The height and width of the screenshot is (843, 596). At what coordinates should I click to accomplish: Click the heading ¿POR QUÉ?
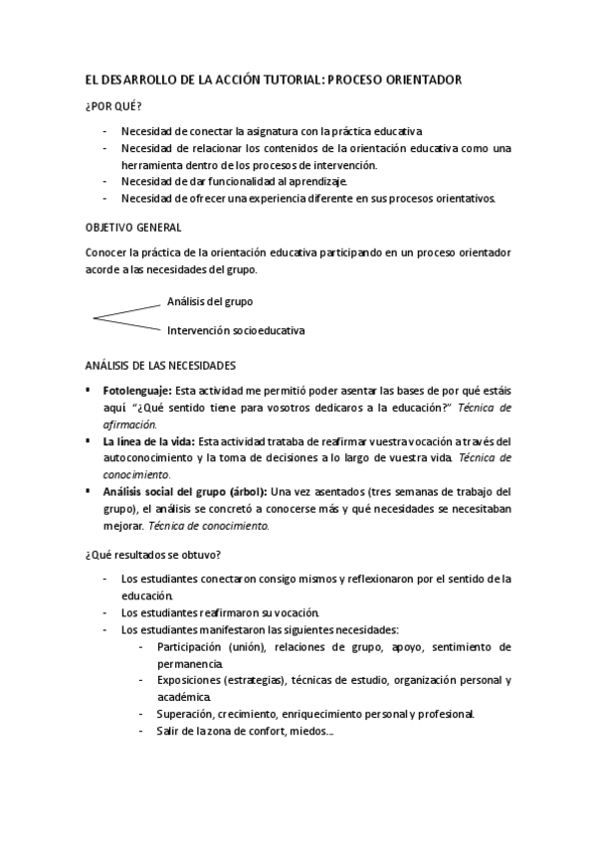113,104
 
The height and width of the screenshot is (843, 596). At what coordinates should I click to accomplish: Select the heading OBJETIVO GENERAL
133,228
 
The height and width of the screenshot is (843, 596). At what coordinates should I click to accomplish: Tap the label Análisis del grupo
209,300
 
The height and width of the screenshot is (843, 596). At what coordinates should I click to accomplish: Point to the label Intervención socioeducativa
236,329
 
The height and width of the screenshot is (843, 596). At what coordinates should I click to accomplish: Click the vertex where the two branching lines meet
93,318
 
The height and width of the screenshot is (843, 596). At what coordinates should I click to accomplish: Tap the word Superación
185,714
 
